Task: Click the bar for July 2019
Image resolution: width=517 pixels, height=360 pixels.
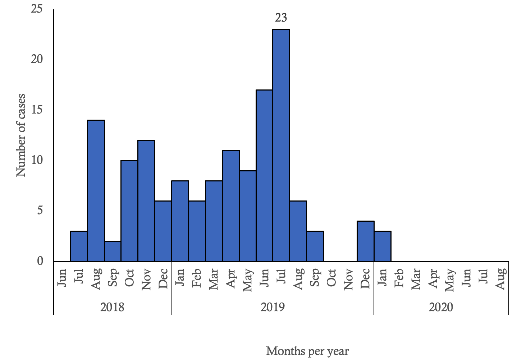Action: pos(281,145)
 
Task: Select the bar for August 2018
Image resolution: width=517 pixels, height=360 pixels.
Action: pos(96,190)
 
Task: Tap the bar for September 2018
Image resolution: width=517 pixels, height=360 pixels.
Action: pos(113,251)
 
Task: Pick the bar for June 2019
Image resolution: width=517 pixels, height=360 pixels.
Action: pos(264,175)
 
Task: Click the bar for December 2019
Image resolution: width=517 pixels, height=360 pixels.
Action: pos(365,241)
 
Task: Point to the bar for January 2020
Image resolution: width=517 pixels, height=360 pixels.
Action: pos(383,246)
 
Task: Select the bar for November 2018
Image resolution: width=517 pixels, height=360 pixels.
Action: pos(146,200)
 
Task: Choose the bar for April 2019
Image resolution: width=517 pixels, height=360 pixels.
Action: pos(231,206)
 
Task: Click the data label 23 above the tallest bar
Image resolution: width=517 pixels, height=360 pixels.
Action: pos(281,18)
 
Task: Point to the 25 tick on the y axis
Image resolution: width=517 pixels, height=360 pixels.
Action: pos(37,9)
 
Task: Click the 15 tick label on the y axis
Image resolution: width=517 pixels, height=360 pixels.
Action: pos(37,110)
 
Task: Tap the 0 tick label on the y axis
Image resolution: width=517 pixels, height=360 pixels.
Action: pos(40,261)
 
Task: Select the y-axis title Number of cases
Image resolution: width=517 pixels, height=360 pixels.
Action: pos(21,135)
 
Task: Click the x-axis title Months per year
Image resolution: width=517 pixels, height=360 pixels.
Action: pos(307,351)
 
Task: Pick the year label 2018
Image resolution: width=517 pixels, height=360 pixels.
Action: pos(113,307)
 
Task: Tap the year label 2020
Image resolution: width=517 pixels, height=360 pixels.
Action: pos(441,307)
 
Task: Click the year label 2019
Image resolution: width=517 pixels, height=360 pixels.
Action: pos(273,307)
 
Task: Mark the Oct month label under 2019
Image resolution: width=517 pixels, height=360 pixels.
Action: pos(331,277)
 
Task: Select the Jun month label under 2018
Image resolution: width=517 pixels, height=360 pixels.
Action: pos(62,278)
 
